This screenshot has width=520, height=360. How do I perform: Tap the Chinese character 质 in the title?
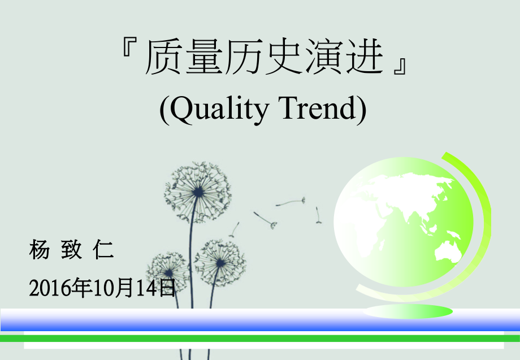pyautogui.click(x=163, y=58)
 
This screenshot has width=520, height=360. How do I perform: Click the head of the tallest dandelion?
pyautogui.click(x=198, y=192)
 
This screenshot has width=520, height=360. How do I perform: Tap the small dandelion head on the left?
pyautogui.click(x=168, y=272)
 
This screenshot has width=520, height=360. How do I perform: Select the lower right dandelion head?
pyautogui.click(x=220, y=263)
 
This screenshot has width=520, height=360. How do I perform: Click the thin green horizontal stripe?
pyautogui.click(x=260, y=338)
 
